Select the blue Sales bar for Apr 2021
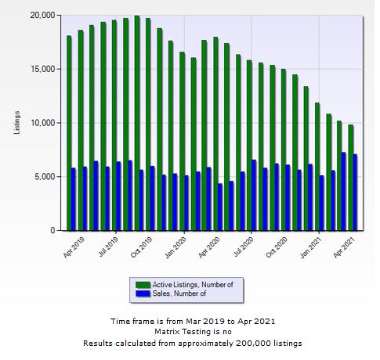355,192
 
